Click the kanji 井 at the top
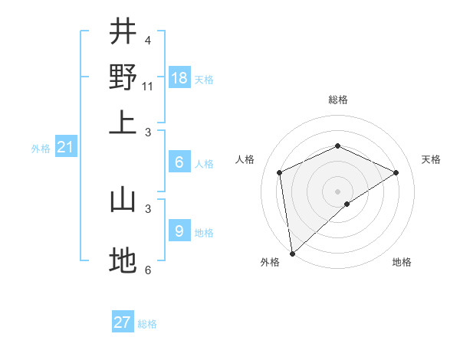coord(123,31)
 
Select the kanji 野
coord(123,77)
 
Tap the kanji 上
coord(123,123)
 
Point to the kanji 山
coord(123,200)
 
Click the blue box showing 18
coord(179,78)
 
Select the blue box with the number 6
coord(179,162)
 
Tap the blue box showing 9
coord(179,231)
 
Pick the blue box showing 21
coord(64,148)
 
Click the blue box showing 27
coord(123,322)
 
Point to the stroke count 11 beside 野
coord(148,86)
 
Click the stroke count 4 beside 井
coord(147,40)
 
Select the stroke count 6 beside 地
coord(147,270)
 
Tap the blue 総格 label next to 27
coord(147,324)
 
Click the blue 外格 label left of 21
coord(40,149)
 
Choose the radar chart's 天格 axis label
coord(431,159)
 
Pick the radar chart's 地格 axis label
coord(402,262)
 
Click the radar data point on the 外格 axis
coord(292,253)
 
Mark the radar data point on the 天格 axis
coord(396,172)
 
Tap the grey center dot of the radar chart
coord(337,191)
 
